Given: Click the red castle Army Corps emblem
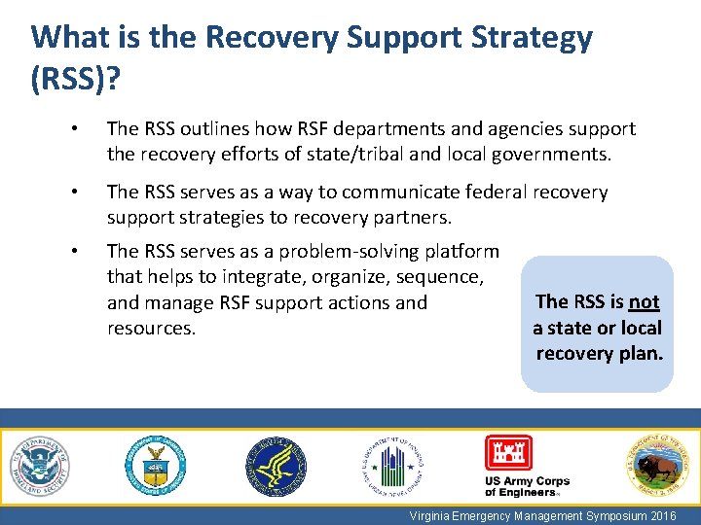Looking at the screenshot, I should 508,453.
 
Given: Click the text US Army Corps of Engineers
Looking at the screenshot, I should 527,486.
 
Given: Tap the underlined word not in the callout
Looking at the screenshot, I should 645,302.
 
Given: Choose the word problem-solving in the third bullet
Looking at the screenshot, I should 337,251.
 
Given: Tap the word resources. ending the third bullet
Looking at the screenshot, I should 151,328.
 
